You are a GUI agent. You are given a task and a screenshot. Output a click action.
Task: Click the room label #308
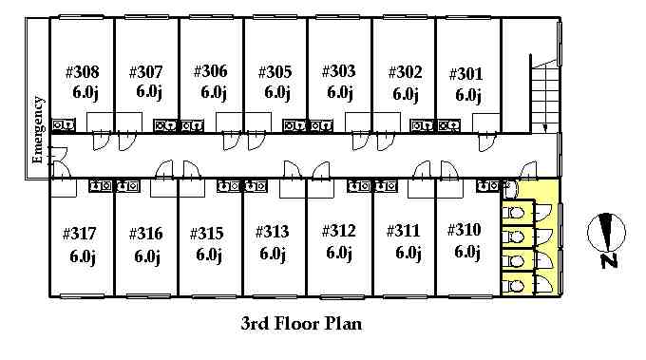pyautogui.click(x=83, y=72)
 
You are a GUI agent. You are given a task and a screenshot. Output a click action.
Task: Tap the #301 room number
pyautogui.click(x=465, y=74)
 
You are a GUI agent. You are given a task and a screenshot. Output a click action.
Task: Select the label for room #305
pyautogui.click(x=275, y=72)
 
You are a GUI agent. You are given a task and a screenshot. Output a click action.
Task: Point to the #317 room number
pyautogui.click(x=79, y=234)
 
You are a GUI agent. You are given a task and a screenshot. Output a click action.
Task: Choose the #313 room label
pyautogui.click(x=272, y=232)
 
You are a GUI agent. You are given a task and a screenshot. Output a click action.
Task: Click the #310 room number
pyautogui.click(x=464, y=230)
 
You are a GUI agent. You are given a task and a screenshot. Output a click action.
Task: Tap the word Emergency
pyautogui.click(x=37, y=130)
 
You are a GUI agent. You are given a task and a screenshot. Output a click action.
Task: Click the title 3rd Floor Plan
pyautogui.click(x=301, y=323)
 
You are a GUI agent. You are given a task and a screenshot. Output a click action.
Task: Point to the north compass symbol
pyautogui.click(x=606, y=233)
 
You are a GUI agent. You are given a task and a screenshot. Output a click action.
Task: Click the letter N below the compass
pyautogui.click(x=609, y=261)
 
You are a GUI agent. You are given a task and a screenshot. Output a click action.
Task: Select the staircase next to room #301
pyautogui.click(x=544, y=96)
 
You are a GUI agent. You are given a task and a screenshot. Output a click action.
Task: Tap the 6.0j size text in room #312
pyautogui.click(x=339, y=253)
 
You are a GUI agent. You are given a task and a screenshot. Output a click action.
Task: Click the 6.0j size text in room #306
pyautogui.click(x=214, y=92)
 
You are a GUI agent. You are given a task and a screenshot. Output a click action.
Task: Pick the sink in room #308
pyautogui.click(x=64, y=124)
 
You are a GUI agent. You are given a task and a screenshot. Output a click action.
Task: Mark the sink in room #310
pyautogui.click(x=488, y=186)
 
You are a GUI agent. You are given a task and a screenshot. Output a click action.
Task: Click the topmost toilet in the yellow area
pyautogui.click(x=513, y=213)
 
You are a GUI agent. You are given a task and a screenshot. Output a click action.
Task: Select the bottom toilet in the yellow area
pyautogui.click(x=513, y=286)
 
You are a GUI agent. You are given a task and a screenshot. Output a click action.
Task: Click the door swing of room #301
pyautogui.click(x=487, y=142)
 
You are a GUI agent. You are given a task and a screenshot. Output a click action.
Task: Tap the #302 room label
pyautogui.click(x=405, y=72)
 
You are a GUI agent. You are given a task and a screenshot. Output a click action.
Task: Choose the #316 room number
pyautogui.click(x=146, y=234)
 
